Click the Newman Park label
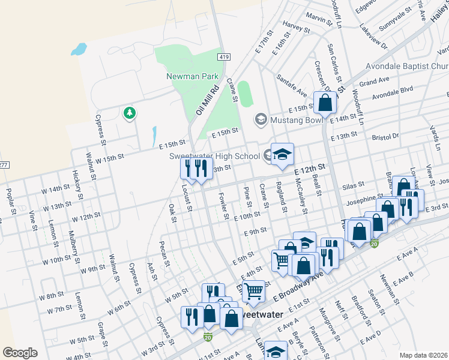click(186, 77)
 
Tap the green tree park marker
click(129, 113)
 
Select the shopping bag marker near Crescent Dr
click(325, 103)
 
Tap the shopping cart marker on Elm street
click(254, 292)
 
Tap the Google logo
click(20, 352)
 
